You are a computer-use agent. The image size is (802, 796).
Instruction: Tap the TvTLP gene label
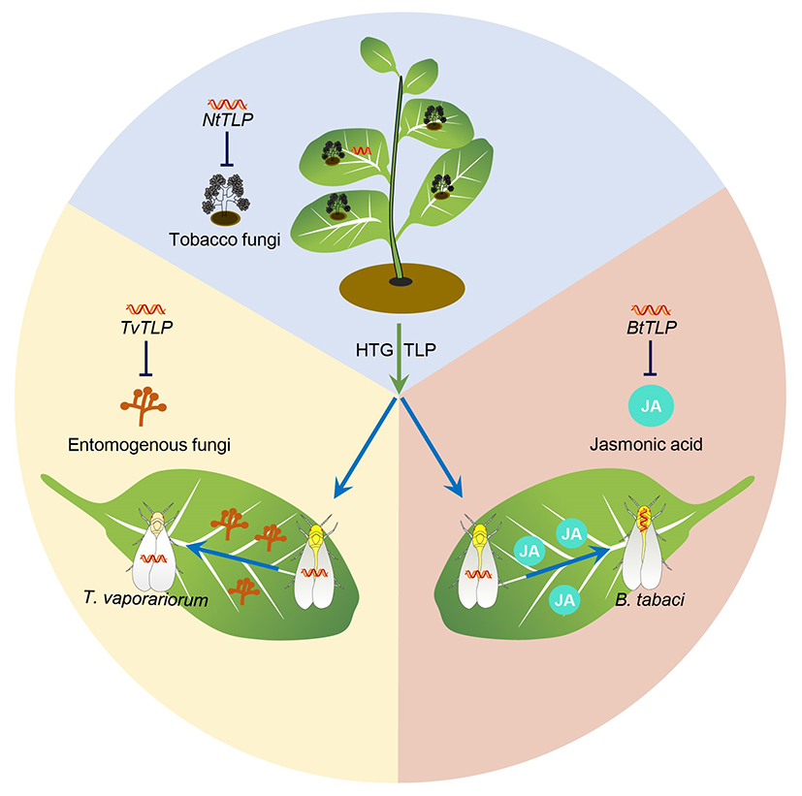(144, 327)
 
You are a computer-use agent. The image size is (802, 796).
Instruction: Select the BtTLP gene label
(650, 327)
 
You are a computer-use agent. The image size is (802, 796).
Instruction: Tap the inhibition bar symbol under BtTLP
(650, 360)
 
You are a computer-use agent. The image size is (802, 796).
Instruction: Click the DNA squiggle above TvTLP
(144, 309)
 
